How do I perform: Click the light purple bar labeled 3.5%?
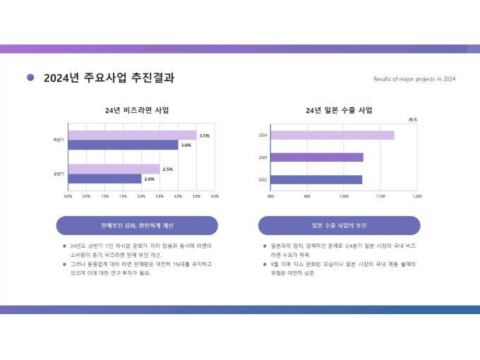pos(132,135)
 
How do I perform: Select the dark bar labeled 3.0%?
pos(123,145)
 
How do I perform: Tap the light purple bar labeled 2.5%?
pos(114,169)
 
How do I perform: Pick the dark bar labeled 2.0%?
pos(104,179)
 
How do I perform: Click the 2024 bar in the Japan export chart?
pos(332,135)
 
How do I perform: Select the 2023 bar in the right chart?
pos(317,157)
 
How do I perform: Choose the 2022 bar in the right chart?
pos(316,179)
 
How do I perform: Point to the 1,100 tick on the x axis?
pos(380,196)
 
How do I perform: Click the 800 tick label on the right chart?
pos(270,196)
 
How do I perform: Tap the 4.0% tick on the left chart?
pos(215,196)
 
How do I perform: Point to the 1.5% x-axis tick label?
pos(123,196)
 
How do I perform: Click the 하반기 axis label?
pos(59,140)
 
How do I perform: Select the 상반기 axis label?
pos(59,174)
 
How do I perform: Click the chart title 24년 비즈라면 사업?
pos(137,110)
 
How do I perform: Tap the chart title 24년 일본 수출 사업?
pos(339,110)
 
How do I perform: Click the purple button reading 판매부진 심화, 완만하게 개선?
pos(137,225)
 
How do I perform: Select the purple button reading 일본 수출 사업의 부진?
pos(339,225)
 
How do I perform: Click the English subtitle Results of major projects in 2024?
pos(414,79)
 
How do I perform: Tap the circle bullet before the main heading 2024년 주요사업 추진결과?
pos(30,78)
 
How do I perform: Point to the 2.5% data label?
pos(167,169)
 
